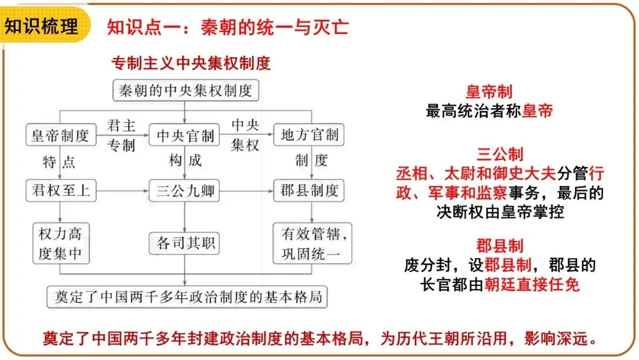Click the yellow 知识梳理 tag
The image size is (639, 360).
43,26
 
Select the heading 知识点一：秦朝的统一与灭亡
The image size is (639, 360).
228,27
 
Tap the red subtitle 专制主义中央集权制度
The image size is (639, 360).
191,63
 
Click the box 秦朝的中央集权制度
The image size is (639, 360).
185,91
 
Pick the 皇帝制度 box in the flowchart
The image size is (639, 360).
60,136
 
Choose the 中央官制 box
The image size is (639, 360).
185,136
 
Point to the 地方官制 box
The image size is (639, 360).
309,136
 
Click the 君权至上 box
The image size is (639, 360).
60,191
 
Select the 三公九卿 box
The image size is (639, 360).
185,191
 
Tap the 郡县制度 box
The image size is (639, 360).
309,191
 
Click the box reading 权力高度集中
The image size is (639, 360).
60,243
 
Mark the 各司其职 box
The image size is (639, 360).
185,243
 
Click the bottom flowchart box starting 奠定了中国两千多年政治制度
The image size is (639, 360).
187,297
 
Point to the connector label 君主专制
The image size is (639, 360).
121,135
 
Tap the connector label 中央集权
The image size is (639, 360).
245,135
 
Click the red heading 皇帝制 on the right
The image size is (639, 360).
489,92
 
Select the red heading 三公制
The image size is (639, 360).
500,155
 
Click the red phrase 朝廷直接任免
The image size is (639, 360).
532,285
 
